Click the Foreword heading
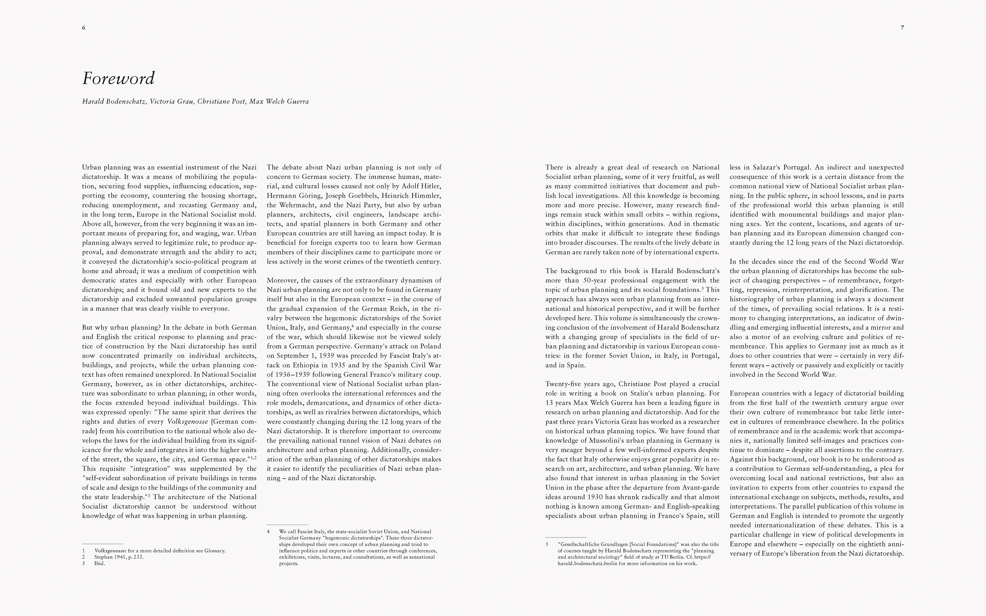pyautogui.click(x=118, y=78)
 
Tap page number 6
pyautogui.click(x=83, y=28)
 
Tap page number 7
pyautogui.click(x=902, y=28)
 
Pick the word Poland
pyautogui.click(x=431, y=346)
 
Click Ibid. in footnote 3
pyautogui.click(x=99, y=564)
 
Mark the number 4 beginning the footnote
pyautogui.click(x=268, y=532)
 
